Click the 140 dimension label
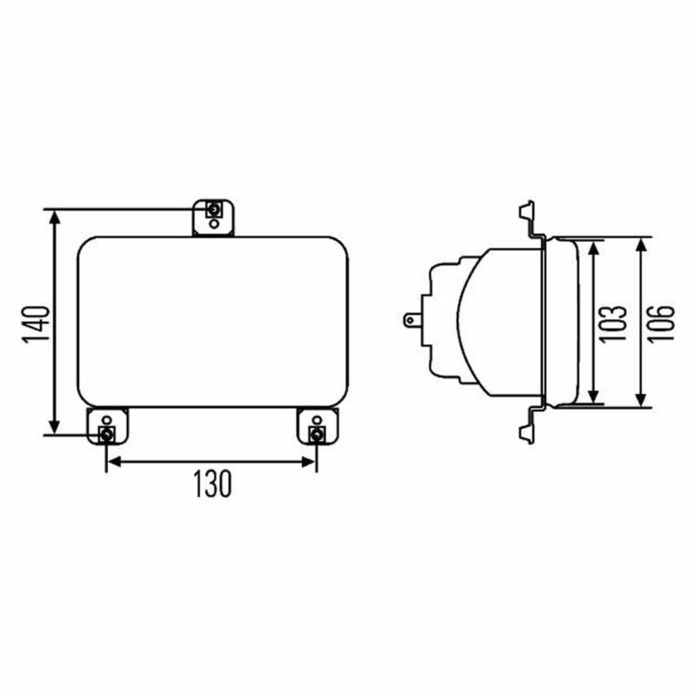(x=36, y=324)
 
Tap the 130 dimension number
(x=213, y=484)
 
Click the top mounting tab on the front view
(x=213, y=217)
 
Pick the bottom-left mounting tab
(x=107, y=426)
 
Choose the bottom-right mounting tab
(x=317, y=426)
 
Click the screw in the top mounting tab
(x=214, y=209)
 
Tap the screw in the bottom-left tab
(x=107, y=434)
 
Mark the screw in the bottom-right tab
(x=317, y=434)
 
